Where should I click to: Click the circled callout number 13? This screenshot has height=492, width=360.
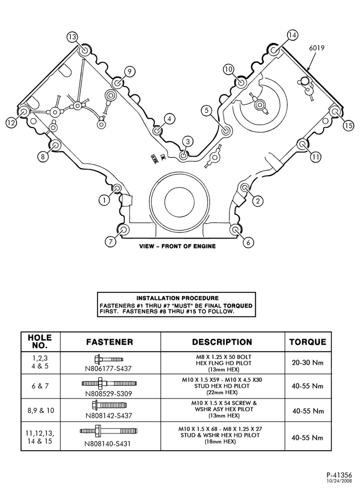click(72, 37)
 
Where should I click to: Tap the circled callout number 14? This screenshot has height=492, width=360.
click(292, 35)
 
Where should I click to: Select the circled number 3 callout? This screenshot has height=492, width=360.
click(187, 142)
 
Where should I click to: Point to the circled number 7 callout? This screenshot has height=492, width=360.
click(110, 242)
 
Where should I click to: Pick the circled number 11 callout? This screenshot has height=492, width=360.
click(315, 156)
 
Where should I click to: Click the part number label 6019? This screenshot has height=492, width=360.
click(317, 48)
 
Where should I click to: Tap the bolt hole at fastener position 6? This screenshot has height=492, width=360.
click(236, 230)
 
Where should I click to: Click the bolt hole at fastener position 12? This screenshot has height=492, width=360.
click(23, 111)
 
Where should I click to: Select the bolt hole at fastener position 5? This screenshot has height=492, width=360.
click(225, 131)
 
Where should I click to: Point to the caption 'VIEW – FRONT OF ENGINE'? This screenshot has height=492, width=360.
click(178, 246)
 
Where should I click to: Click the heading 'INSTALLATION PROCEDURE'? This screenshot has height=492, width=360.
click(178, 298)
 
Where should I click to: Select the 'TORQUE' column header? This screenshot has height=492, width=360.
click(308, 342)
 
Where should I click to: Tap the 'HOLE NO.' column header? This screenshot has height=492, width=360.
click(40, 342)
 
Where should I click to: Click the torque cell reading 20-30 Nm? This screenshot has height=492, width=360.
click(307, 363)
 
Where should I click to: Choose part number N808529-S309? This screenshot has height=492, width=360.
click(109, 394)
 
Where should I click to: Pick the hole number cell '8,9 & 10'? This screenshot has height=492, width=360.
click(40, 410)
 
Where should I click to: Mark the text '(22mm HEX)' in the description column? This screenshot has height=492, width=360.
click(222, 392)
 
